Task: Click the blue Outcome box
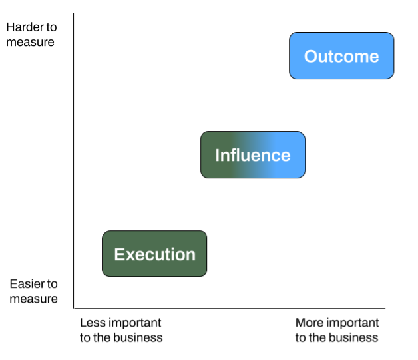[341, 56]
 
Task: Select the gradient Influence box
[253, 155]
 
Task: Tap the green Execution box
[154, 254]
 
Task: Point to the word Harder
[25, 27]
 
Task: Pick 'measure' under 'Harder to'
[30, 42]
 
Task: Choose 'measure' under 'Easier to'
[33, 299]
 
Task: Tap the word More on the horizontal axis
[308, 323]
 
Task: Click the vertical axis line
[74, 160]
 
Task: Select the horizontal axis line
[230, 309]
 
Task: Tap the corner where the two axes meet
[74, 309]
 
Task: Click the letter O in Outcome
[312, 56]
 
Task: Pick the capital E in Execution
[119, 254]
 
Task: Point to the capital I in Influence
[217, 155]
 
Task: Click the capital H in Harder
[11, 27]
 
